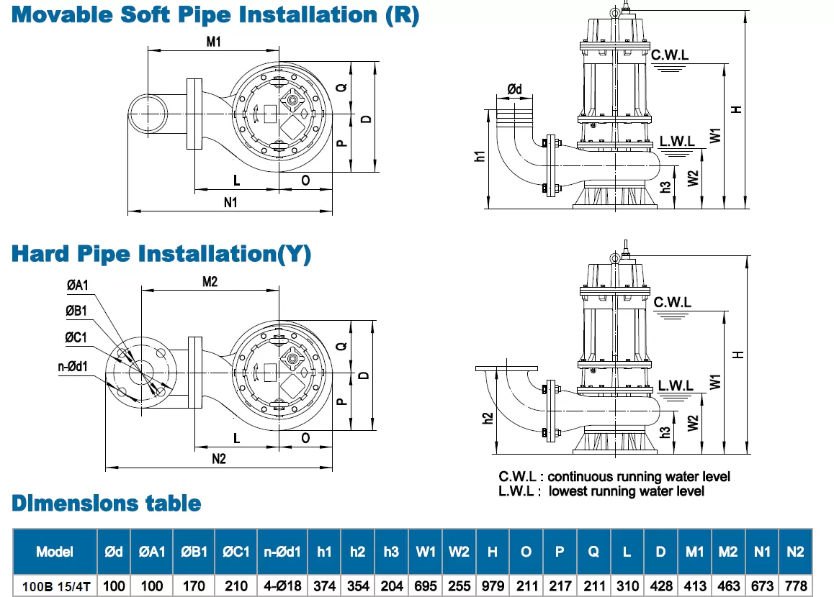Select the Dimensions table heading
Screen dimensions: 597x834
click(x=106, y=503)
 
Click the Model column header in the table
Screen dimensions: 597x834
click(x=55, y=552)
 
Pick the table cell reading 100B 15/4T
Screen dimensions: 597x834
click(x=55, y=586)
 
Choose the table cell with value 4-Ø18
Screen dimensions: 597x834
click(x=282, y=586)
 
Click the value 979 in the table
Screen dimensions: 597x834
click(x=493, y=586)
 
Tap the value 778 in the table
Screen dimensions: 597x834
click(x=795, y=586)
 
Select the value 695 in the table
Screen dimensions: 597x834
click(x=426, y=586)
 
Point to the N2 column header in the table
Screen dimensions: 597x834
click(x=795, y=552)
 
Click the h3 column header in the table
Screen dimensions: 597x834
click(x=391, y=552)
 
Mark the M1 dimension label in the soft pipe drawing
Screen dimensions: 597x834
click(x=213, y=42)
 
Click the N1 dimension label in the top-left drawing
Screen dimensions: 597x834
click(x=230, y=203)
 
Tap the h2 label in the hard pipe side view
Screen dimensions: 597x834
click(x=486, y=417)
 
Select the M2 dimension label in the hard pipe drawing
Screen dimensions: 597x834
click(x=209, y=282)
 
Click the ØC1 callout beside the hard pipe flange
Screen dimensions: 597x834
click(x=76, y=337)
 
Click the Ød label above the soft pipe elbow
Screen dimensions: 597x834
click(x=514, y=88)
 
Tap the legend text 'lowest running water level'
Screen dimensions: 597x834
click(x=626, y=491)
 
